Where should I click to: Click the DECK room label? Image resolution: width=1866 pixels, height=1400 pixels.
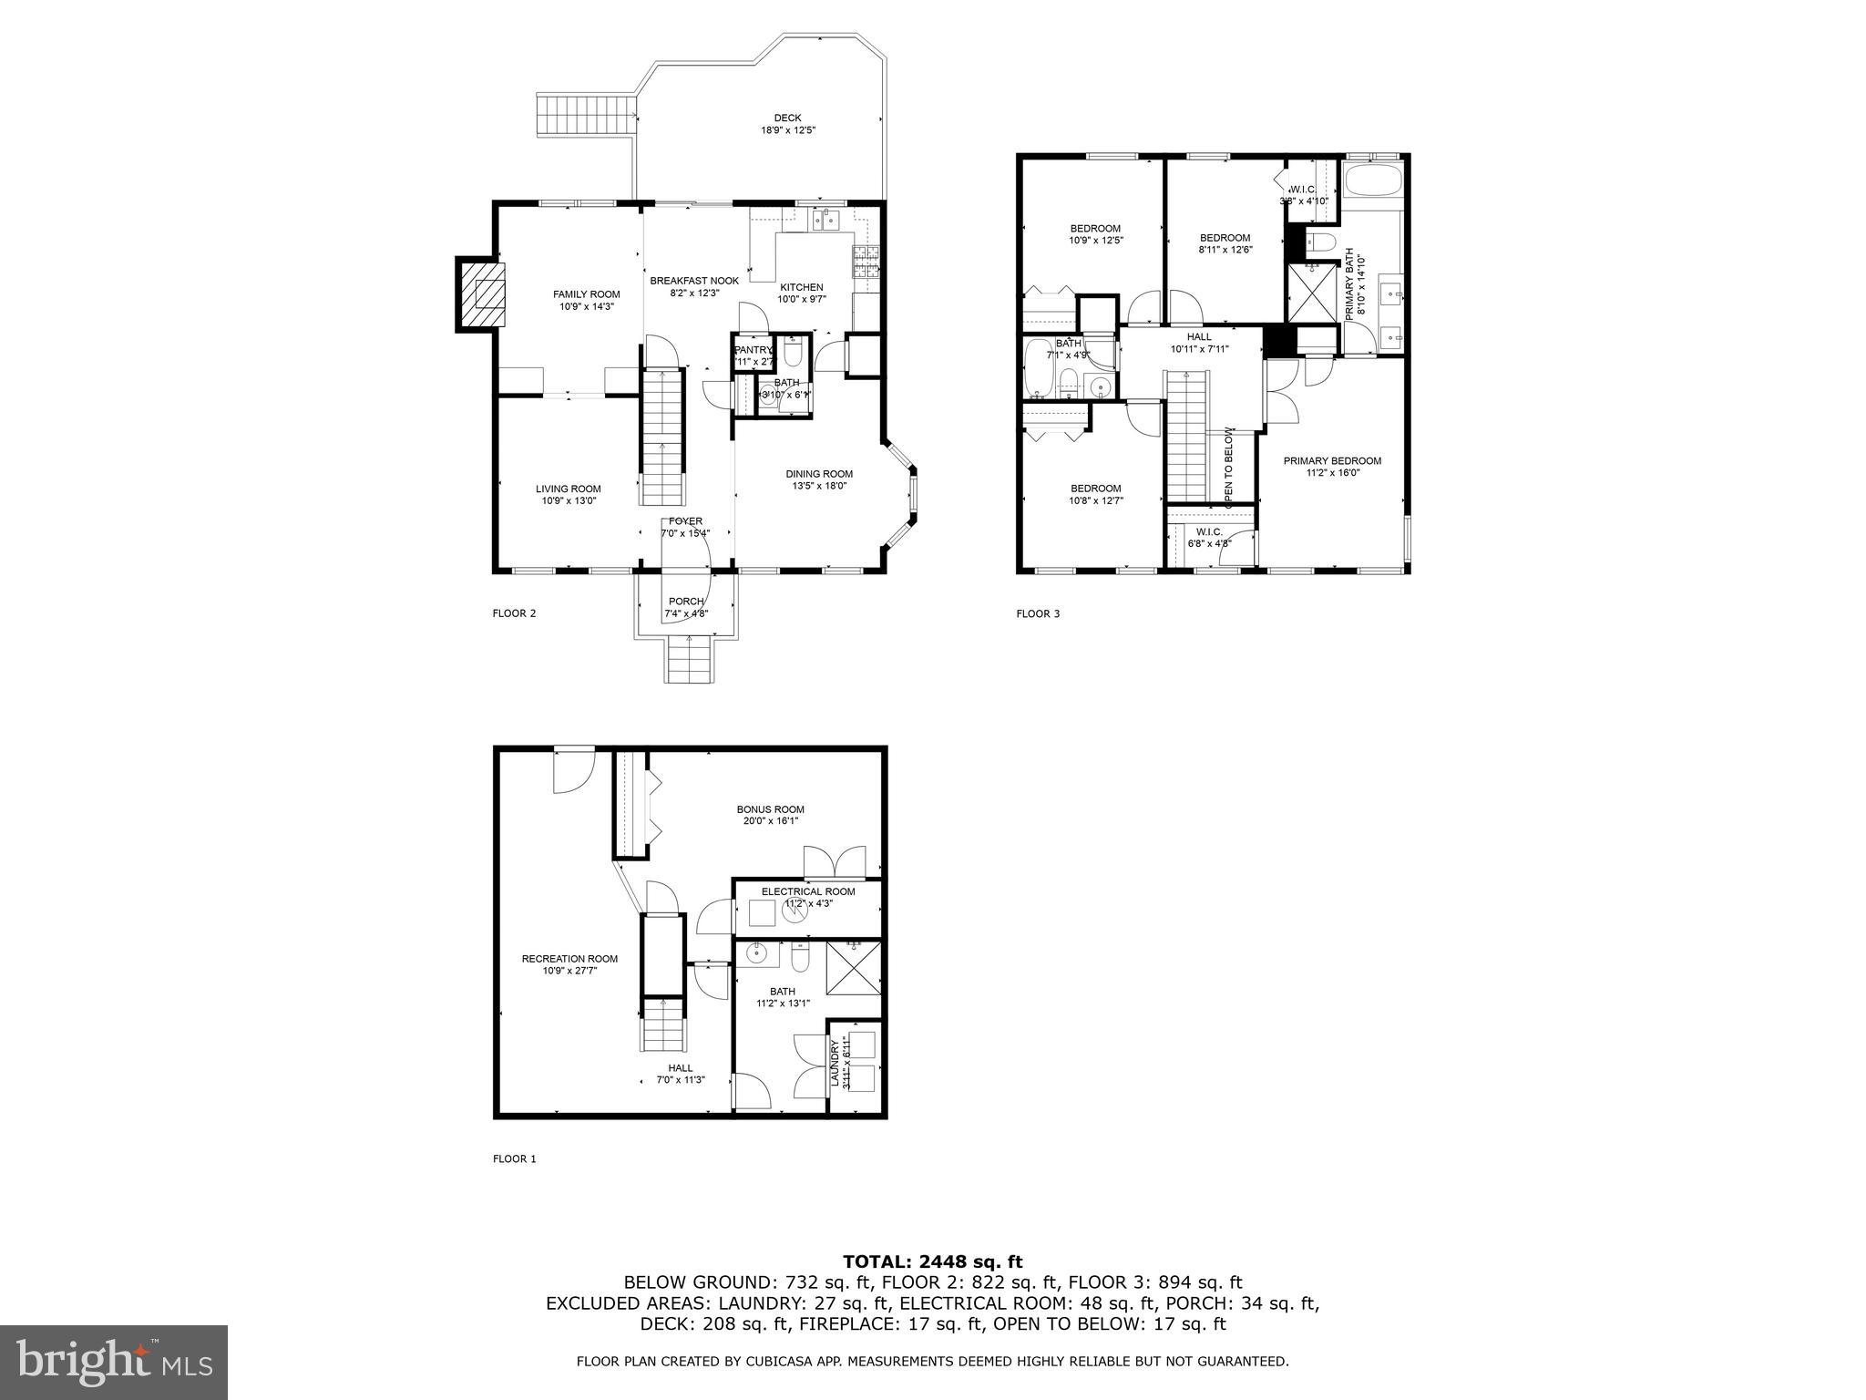(787, 118)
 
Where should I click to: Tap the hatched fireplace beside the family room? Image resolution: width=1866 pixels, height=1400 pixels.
(481, 294)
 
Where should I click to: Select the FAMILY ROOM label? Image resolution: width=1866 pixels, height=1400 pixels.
(586, 294)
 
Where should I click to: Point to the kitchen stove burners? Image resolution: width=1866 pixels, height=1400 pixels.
(866, 262)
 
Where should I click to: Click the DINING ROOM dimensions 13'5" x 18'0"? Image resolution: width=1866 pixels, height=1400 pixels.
(819, 487)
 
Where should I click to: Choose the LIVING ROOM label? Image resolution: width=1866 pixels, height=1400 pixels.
(568, 489)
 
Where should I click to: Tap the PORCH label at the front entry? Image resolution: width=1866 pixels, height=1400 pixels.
(685, 602)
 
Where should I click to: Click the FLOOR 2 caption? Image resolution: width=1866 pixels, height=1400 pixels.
(514, 613)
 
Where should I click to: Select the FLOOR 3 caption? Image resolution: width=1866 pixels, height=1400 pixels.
(1038, 613)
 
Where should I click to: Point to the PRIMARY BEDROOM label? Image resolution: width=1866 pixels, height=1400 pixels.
(1331, 461)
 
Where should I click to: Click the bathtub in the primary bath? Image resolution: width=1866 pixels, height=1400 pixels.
(1374, 181)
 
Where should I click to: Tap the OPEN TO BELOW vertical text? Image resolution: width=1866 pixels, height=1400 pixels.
(1228, 465)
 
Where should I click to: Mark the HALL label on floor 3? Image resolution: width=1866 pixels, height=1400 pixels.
(1199, 336)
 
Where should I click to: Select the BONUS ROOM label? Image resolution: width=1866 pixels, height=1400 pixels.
(770, 809)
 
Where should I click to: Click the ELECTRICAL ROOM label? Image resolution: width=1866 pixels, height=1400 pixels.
(808, 891)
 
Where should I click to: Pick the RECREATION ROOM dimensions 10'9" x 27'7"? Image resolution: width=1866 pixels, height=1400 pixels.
(569, 971)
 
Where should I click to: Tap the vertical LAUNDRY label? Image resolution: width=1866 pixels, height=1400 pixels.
(835, 1063)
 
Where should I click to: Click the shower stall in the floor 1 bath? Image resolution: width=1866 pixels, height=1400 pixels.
(854, 970)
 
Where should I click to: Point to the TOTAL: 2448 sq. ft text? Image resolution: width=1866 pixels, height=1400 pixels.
(932, 1262)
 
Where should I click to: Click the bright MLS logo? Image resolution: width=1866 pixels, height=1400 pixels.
(114, 1362)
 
